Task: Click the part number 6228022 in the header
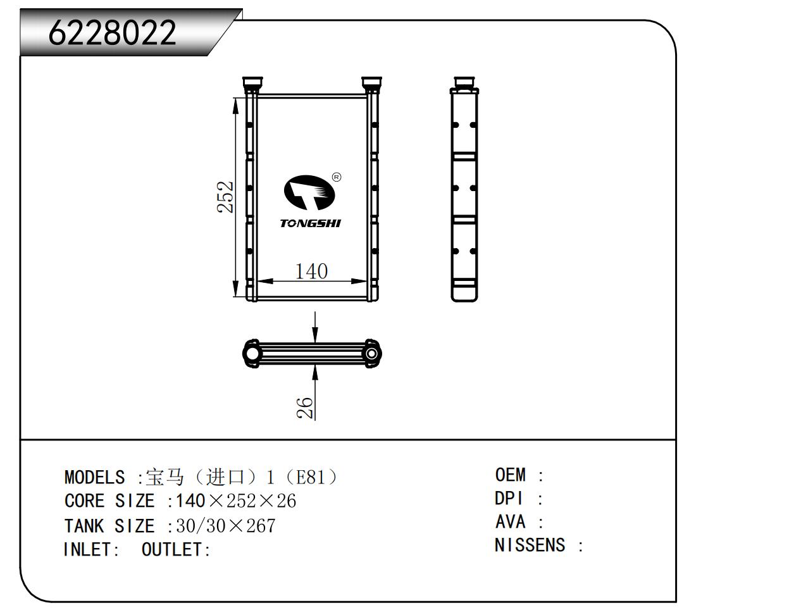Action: point(112,33)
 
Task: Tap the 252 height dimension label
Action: point(225,197)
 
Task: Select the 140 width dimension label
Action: point(311,271)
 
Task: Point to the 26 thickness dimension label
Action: point(305,408)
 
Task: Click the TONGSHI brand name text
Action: point(310,223)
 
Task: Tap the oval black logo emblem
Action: point(309,192)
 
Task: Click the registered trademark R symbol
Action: point(337,177)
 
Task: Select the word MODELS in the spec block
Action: point(94,477)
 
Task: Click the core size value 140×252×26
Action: point(236,501)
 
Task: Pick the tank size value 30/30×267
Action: point(226,526)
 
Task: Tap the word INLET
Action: point(87,549)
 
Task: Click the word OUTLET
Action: point(171,549)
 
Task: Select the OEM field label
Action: point(510,475)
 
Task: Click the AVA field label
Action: point(510,521)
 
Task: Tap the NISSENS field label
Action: point(530,545)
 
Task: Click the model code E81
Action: point(310,477)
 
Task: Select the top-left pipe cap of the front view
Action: point(252,82)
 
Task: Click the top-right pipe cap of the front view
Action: point(371,82)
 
